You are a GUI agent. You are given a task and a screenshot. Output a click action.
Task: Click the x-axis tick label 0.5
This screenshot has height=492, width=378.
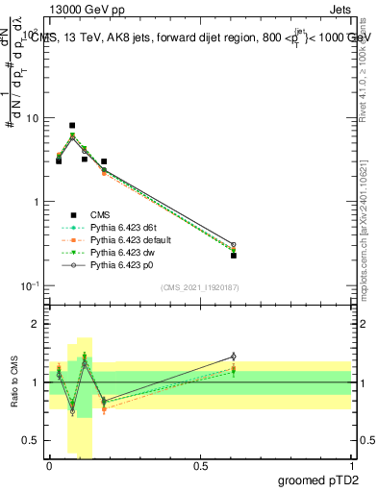tap(200, 465)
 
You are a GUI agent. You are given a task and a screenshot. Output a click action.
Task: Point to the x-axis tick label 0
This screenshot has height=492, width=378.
tap(49, 465)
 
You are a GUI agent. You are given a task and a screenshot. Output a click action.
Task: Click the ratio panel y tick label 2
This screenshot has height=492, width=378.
tap(36, 324)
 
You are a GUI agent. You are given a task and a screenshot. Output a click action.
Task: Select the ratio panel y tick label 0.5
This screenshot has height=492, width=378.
tap(32, 441)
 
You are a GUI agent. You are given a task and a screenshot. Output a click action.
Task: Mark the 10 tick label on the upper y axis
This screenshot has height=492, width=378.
tap(32, 118)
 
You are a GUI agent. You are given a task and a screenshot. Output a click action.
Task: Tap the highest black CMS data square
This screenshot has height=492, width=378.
tap(72, 126)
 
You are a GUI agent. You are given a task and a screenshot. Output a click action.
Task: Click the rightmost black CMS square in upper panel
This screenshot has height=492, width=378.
tap(234, 256)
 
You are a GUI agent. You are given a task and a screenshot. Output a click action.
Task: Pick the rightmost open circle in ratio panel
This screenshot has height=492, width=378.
tap(234, 357)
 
